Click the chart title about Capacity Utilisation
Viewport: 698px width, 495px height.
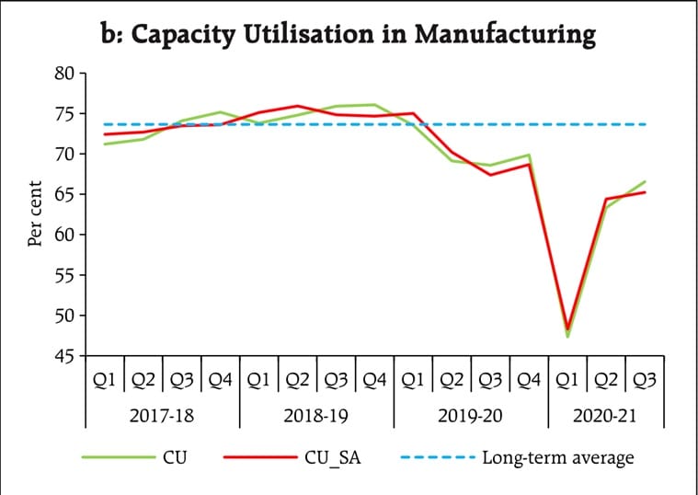click(348, 35)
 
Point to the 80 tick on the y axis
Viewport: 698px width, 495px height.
click(63, 73)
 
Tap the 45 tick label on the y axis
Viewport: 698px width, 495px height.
click(63, 355)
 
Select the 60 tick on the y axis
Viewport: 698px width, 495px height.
click(63, 235)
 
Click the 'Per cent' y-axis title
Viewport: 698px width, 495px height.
click(35, 213)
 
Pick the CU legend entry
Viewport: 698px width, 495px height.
click(174, 456)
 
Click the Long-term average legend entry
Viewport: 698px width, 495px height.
click(556, 456)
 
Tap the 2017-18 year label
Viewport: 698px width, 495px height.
click(162, 416)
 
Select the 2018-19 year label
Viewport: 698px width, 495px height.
click(316, 416)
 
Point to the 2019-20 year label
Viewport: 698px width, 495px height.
click(471, 416)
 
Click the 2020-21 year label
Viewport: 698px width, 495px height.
click(606, 416)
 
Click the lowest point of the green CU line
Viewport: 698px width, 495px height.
click(567, 337)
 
